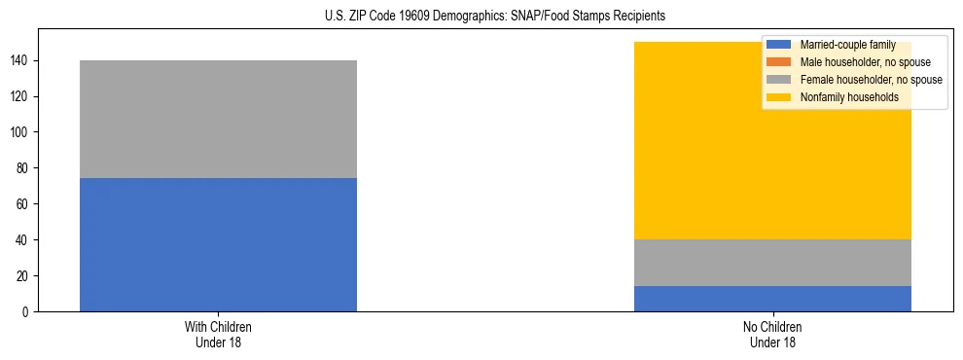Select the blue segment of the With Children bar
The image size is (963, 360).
pyautogui.click(x=218, y=244)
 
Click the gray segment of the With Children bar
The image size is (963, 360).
pyautogui.click(x=218, y=119)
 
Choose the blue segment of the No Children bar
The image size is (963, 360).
pyautogui.click(x=772, y=299)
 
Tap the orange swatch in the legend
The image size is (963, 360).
pyautogui.click(x=779, y=62)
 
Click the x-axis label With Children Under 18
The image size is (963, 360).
pyautogui.click(x=218, y=335)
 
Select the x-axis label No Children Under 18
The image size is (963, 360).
pyautogui.click(x=772, y=335)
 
